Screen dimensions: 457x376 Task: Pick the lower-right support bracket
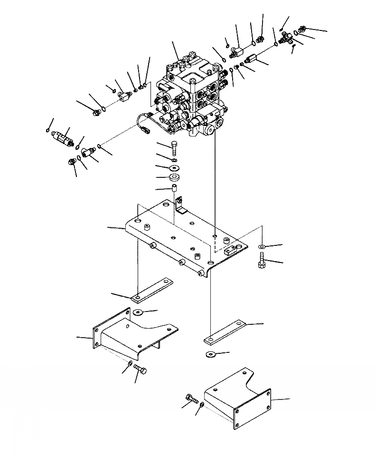coord(242,397)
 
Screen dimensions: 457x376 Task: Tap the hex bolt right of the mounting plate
coord(262,261)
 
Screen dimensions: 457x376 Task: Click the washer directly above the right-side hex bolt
coord(262,247)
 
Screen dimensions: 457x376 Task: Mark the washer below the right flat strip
coord(210,354)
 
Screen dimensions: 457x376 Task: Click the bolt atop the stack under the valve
coord(174,148)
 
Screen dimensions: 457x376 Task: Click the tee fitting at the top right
coord(287,39)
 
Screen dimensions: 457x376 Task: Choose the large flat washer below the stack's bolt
coord(174,167)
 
